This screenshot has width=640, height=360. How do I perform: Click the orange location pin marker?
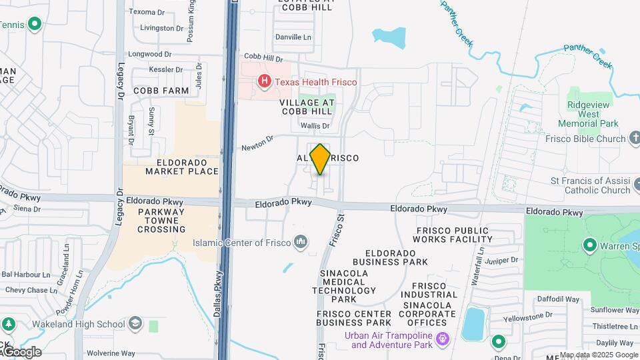click(320, 159)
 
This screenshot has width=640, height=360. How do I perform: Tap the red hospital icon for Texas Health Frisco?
click(265, 82)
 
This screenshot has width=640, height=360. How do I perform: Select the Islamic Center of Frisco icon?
click(301, 241)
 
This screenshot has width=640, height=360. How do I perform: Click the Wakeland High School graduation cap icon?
click(135, 324)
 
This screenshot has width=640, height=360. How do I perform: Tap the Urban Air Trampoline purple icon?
click(442, 340)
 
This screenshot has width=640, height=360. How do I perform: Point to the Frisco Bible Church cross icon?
click(633, 139)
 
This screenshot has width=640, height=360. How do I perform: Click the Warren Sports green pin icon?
click(589, 246)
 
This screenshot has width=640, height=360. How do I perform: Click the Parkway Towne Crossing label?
click(161, 221)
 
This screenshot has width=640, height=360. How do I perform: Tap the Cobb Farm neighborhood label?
click(161, 90)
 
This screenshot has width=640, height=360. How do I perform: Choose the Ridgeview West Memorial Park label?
click(593, 115)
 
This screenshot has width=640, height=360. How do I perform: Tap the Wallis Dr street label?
click(315, 125)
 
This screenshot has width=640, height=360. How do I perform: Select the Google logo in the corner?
click(22, 351)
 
